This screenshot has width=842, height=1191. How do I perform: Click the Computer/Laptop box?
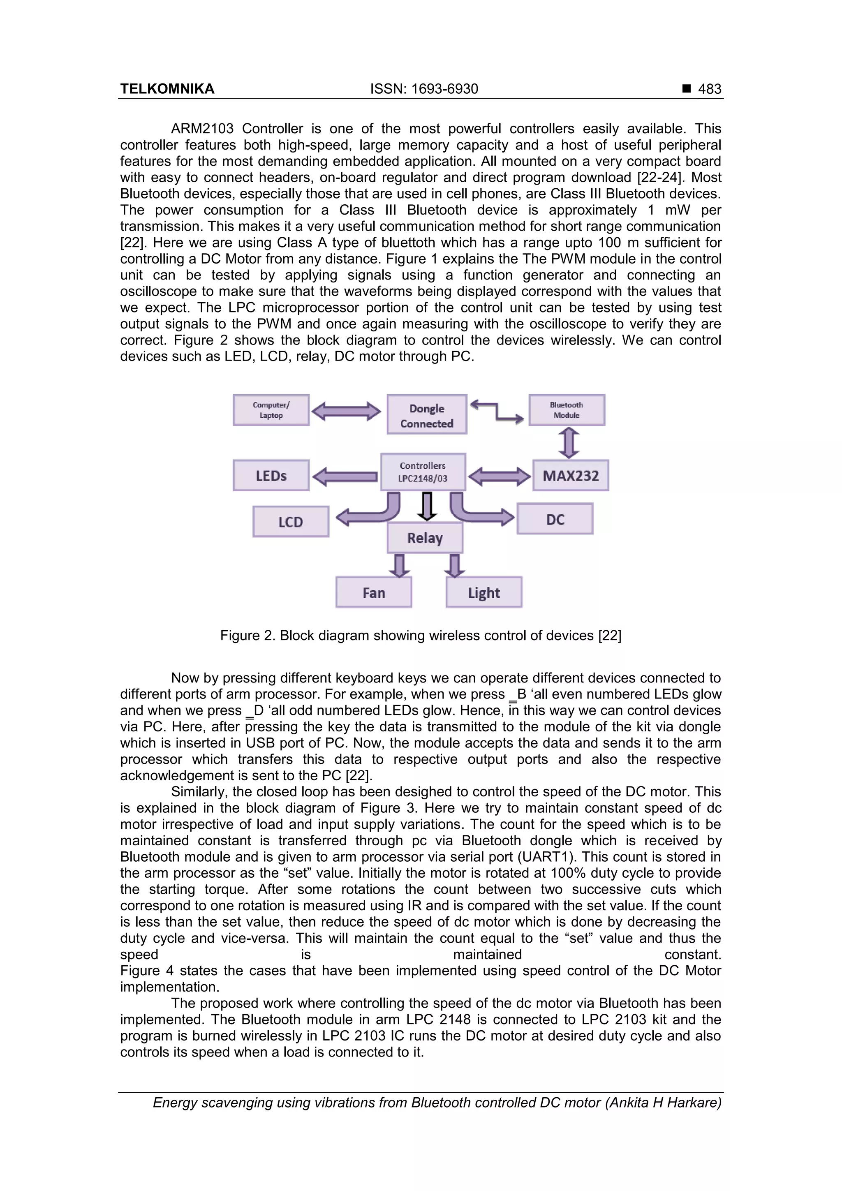pyautogui.click(x=271, y=410)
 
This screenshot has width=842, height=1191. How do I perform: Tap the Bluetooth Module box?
pyautogui.click(x=567, y=410)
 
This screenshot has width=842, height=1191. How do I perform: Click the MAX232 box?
pyautogui.click(x=570, y=475)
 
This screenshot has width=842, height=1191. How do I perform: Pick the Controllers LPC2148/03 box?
pyautogui.click(x=423, y=472)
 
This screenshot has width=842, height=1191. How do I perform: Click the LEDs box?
pyautogui.click(x=271, y=475)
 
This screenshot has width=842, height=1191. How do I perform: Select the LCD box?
pyautogui.click(x=291, y=521)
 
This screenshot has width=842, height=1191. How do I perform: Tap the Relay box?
pyautogui.click(x=425, y=537)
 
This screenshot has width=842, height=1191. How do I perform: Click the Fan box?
pyautogui.click(x=374, y=592)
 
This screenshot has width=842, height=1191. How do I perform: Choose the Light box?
pyautogui.click(x=483, y=592)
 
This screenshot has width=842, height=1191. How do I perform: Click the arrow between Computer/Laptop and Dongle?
pyautogui.click(x=346, y=412)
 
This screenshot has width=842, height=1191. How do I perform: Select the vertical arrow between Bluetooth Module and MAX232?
pyautogui.click(x=569, y=442)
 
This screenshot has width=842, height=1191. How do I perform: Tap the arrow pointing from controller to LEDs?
pyautogui.click(x=345, y=476)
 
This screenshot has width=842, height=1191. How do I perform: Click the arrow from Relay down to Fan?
pyautogui.click(x=399, y=565)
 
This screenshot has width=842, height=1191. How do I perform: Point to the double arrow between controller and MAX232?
pyautogui.click(x=499, y=476)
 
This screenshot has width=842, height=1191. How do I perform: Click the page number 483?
pyautogui.click(x=709, y=89)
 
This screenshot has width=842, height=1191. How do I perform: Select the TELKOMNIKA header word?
pyautogui.click(x=167, y=89)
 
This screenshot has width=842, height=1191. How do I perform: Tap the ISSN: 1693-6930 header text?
pyautogui.click(x=424, y=89)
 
